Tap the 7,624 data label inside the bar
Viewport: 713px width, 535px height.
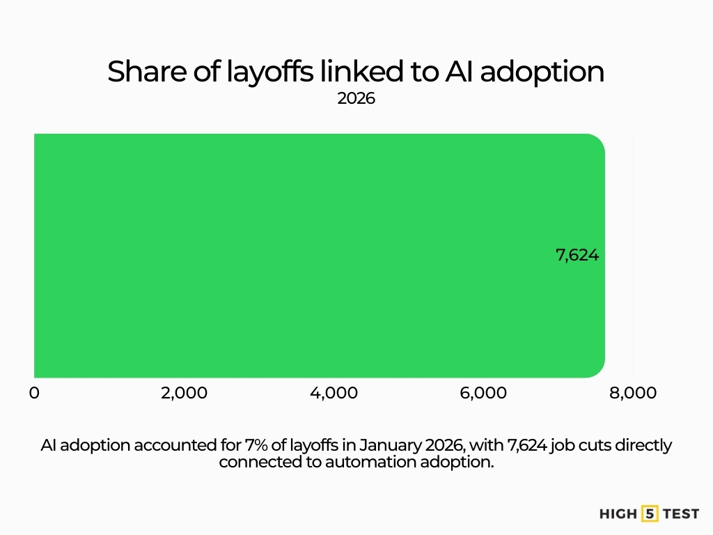click(577, 256)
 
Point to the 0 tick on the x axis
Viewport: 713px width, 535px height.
click(34, 394)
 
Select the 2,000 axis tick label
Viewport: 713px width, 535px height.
click(184, 394)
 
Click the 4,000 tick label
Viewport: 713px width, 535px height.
click(334, 394)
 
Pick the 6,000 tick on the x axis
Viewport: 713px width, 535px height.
click(483, 394)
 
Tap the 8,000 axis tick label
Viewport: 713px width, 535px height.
click(633, 394)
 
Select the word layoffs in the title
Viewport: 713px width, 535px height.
click(268, 72)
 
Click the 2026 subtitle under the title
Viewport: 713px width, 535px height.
click(356, 99)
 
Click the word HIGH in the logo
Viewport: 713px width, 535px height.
click(618, 514)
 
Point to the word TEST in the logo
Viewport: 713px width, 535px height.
click(680, 514)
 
